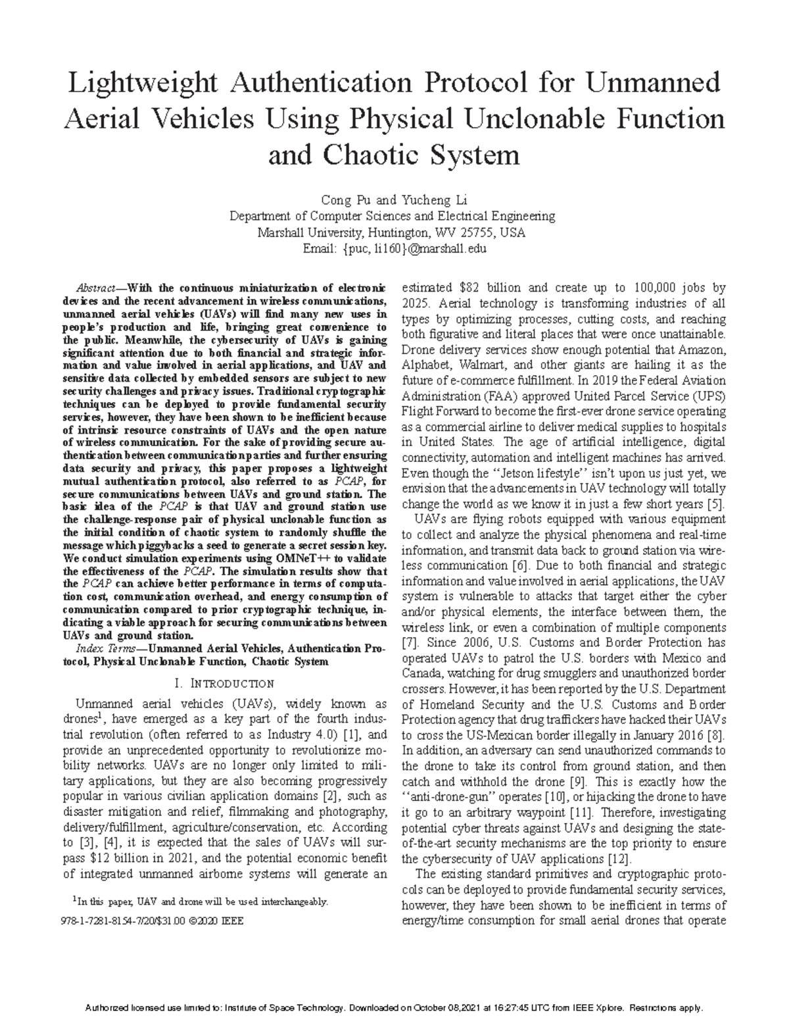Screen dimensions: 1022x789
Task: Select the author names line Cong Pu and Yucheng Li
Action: point(393,200)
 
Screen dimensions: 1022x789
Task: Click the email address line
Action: point(394,249)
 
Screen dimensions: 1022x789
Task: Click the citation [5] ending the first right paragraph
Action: point(716,505)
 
